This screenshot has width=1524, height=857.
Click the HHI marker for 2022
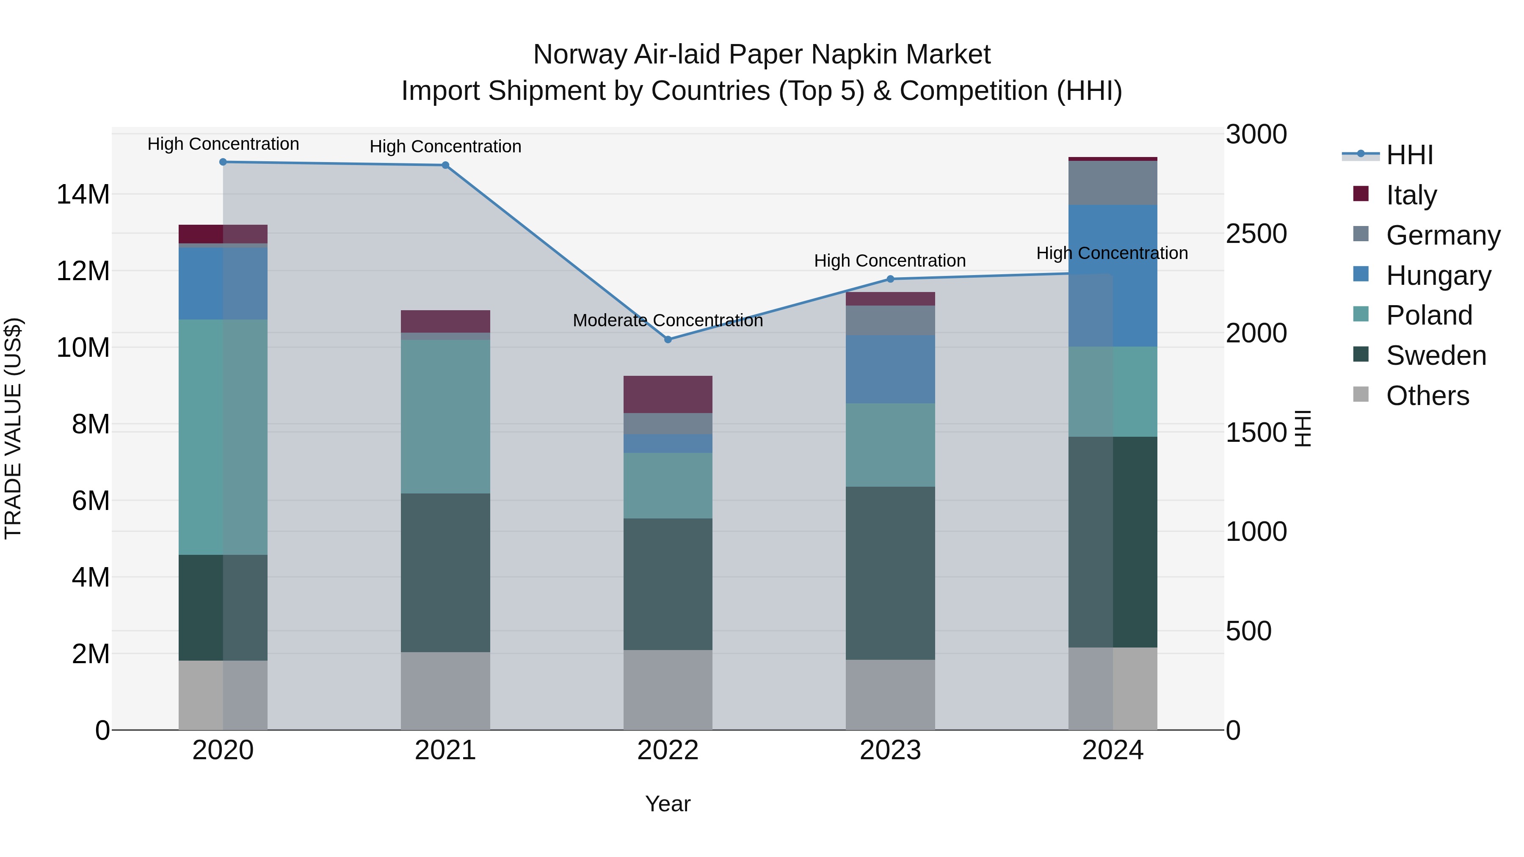668,339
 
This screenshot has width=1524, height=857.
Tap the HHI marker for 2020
223,162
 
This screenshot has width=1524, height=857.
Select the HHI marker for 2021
445,165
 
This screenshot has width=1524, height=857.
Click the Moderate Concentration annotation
668,320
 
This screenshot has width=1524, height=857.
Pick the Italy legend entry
1411,195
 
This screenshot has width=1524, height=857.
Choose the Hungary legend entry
1438,276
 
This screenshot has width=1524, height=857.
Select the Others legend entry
1427,396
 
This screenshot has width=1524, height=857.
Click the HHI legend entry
1409,155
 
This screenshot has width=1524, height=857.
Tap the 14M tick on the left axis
83,195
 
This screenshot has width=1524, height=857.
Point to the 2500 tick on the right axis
1256,234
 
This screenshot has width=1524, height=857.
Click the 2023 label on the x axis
890,750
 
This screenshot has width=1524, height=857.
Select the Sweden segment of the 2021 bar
445,573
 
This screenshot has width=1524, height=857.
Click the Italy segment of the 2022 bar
668,394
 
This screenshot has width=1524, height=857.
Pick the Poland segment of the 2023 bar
890,445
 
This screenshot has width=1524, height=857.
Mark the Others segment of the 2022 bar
668,690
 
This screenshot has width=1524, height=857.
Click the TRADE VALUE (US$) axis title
13,428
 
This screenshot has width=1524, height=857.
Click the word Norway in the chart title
580,55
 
